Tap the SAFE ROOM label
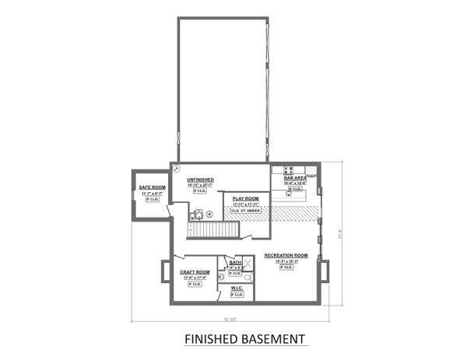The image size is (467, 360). click(x=153, y=187)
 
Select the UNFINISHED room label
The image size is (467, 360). click(x=202, y=179)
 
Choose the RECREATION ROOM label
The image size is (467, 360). click(x=286, y=255)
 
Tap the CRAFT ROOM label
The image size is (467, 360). click(x=195, y=272)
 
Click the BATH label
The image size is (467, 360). click(x=235, y=263)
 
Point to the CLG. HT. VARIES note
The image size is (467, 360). click(x=241, y=210)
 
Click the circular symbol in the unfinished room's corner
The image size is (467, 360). click(x=177, y=167)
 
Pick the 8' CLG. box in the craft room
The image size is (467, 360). click(x=195, y=285)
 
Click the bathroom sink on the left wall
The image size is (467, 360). click(x=222, y=277)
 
